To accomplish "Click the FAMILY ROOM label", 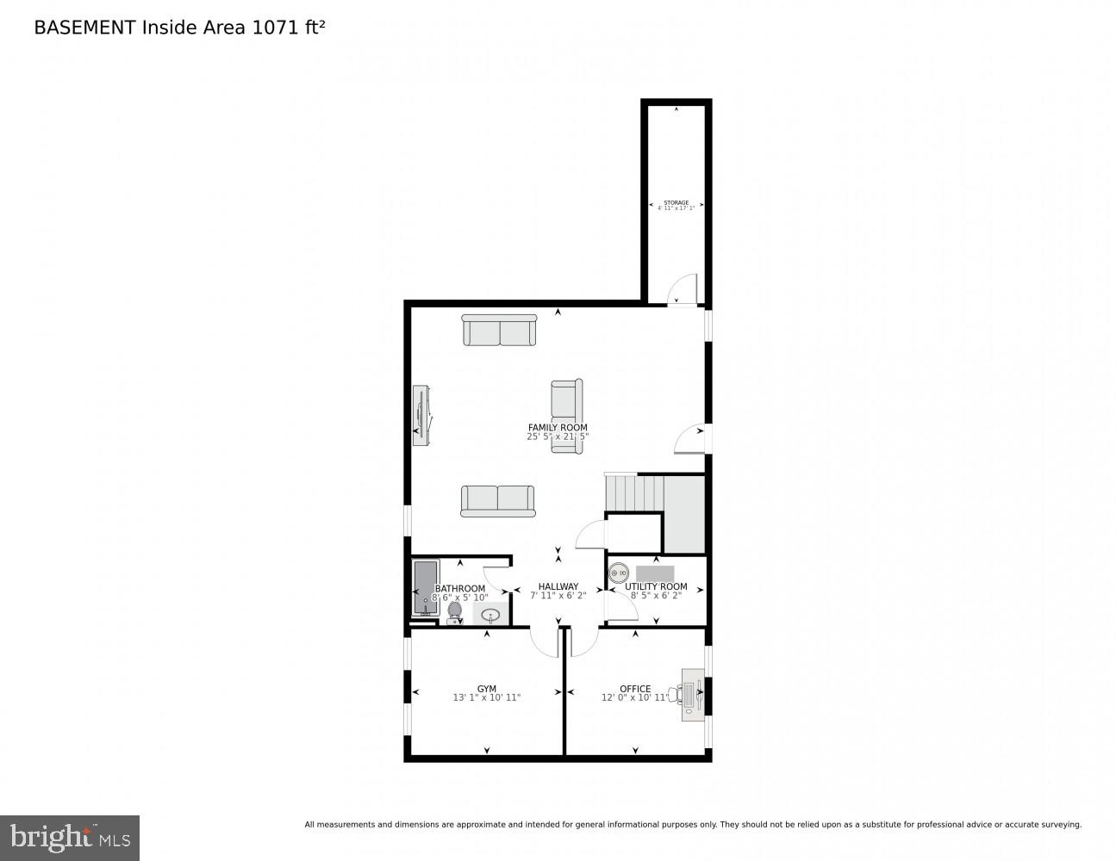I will [x=558, y=427].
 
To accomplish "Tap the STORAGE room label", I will [x=676, y=202].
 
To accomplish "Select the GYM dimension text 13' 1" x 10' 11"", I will [x=487, y=697].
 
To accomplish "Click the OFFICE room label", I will [x=635, y=689].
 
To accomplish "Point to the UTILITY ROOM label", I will [x=656, y=586].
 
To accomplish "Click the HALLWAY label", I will [x=558, y=586].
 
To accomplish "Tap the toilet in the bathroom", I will [x=454, y=610].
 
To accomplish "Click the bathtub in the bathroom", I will [x=426, y=587].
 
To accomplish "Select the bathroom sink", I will [x=490, y=615].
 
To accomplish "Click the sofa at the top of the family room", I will [x=499, y=330].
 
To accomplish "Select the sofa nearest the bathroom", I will [x=497, y=501].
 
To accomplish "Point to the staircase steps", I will [x=634, y=492].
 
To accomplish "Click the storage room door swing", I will [x=683, y=288].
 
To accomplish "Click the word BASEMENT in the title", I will [x=84, y=28].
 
